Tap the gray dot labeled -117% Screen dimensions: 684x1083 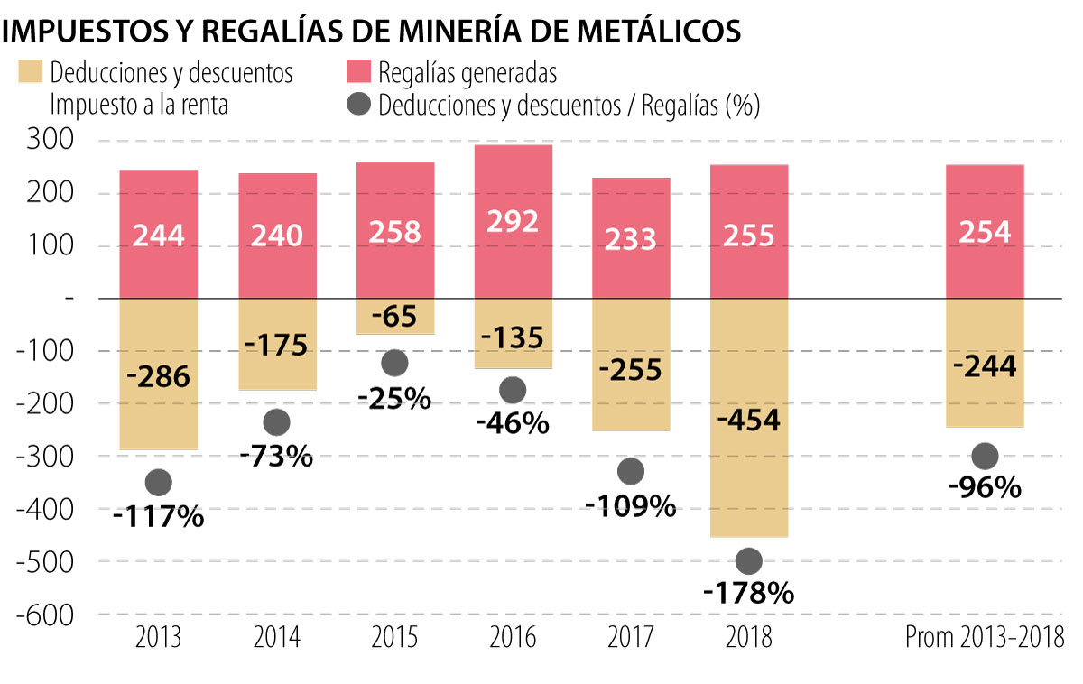pos(158,483)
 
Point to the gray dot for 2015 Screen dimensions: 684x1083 pos(394,363)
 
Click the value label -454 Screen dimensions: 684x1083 pos(749,421)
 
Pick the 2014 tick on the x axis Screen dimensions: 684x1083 pos(276,637)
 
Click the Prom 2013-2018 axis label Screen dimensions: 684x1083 pos(984,637)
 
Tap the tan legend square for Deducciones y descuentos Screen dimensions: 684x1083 pos(30,72)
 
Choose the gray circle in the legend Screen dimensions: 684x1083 pos(358,105)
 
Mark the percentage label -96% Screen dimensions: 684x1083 pos(985,488)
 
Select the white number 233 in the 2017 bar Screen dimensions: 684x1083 pos(631,236)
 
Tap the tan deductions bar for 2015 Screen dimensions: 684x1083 pos(394,316)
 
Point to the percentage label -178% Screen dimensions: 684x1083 pos(749,593)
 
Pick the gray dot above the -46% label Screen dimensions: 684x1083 pos(513,390)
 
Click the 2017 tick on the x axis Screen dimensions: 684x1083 pos(631,637)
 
